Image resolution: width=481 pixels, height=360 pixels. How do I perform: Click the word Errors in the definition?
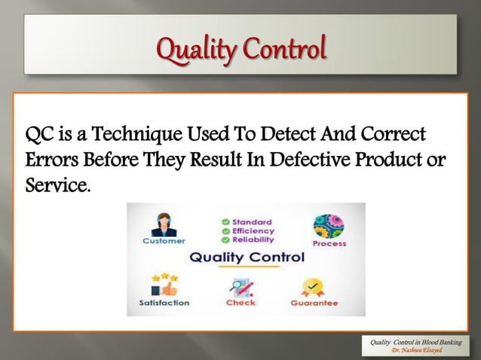coord(51,160)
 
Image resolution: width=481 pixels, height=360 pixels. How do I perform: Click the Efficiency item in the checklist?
coord(253,230)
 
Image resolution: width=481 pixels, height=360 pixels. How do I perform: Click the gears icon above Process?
coord(327,226)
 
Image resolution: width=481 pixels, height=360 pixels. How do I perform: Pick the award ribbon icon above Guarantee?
coord(312,287)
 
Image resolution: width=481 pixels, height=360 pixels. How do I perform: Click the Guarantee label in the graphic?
coord(314,304)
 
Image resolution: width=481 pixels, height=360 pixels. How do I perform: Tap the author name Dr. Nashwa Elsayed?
coord(416,350)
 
